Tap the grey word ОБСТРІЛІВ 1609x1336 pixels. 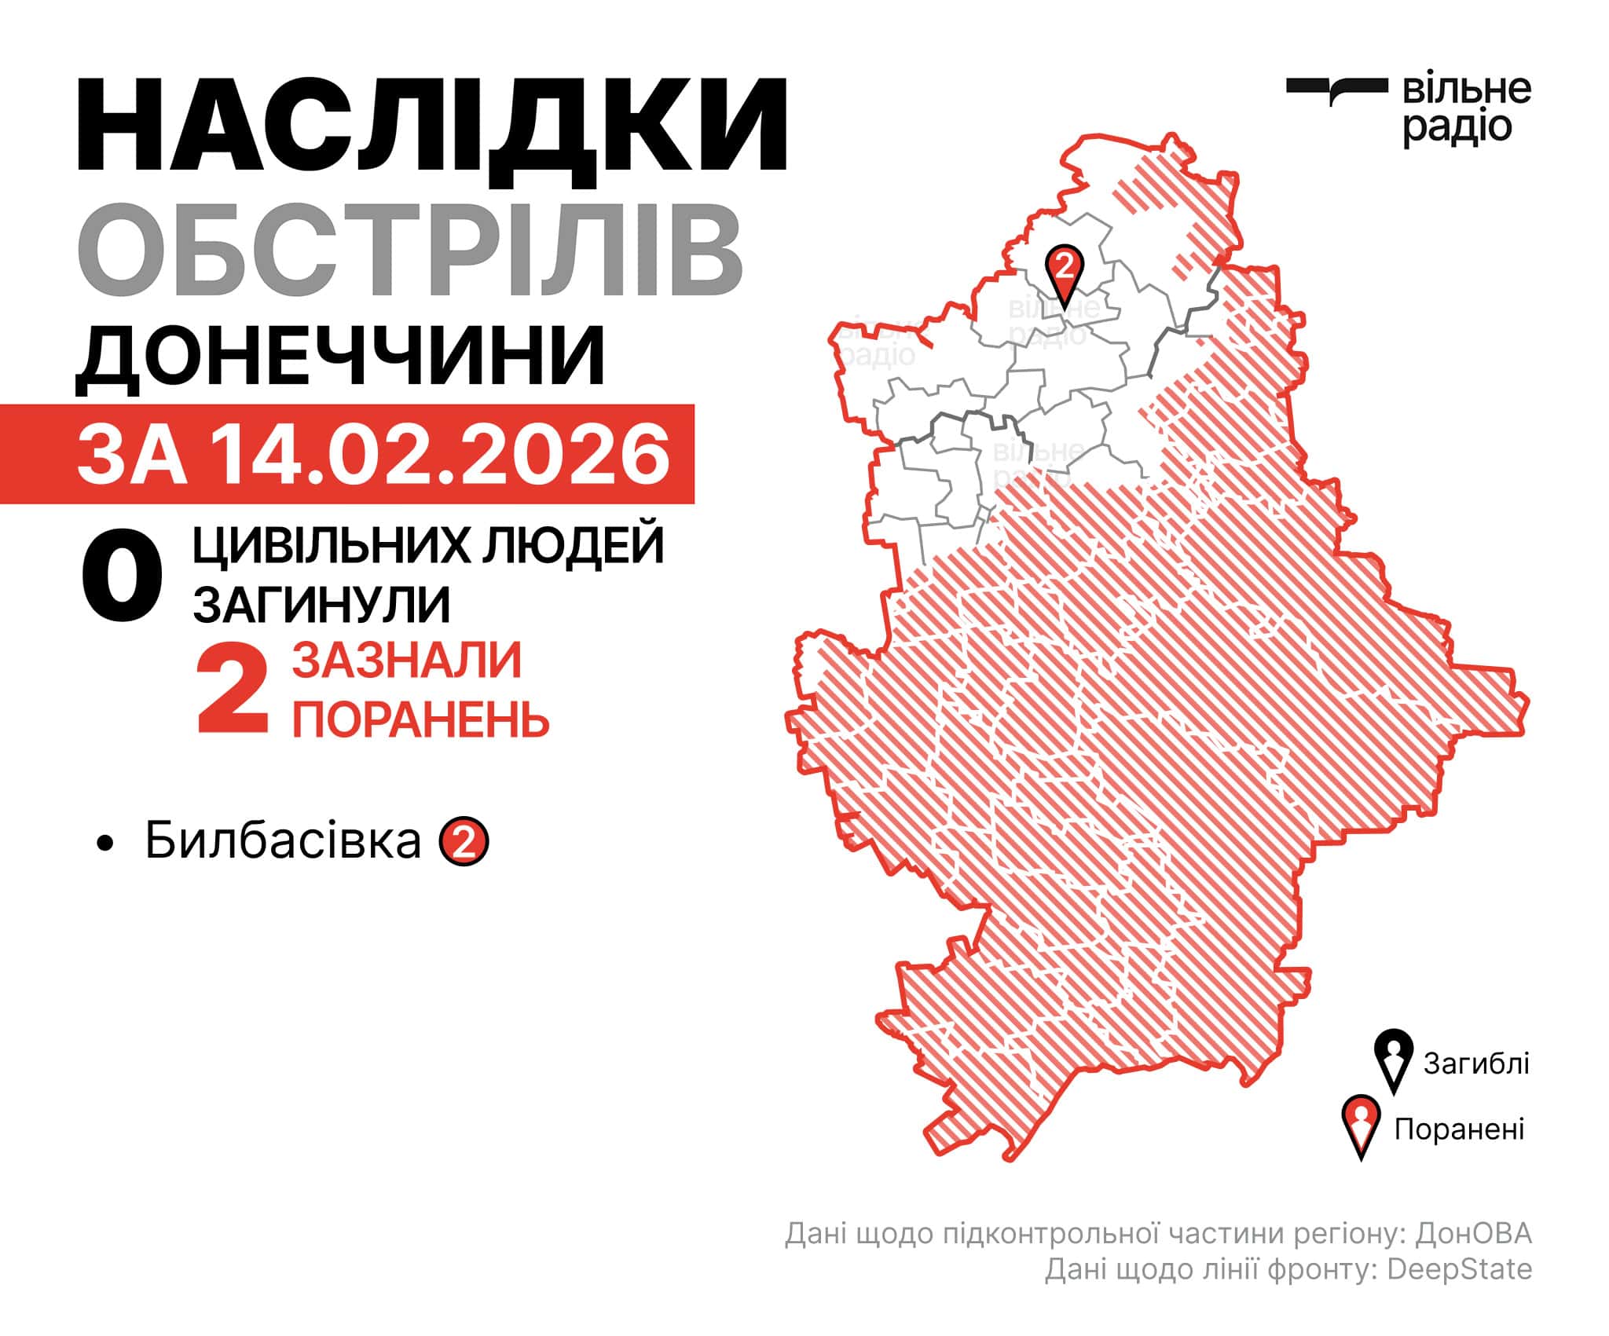[x=409, y=250]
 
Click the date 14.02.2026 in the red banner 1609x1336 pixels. [x=440, y=456]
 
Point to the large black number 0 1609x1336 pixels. [x=122, y=577]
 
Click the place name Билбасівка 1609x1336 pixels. [x=283, y=841]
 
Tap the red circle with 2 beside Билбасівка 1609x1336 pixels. [x=464, y=842]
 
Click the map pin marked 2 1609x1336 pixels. [x=1064, y=271]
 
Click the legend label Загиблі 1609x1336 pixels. [x=1476, y=1063]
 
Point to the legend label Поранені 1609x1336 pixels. [x=1459, y=1129]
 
